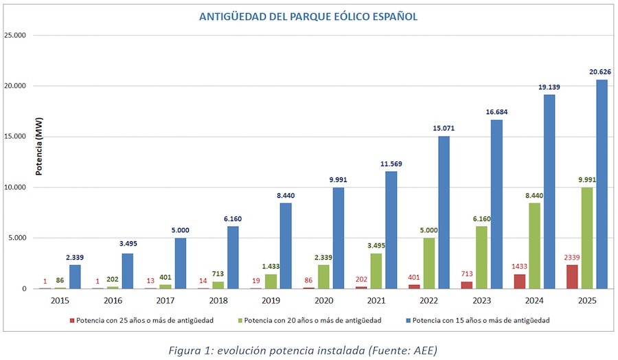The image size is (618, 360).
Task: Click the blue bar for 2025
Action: click(x=602, y=184)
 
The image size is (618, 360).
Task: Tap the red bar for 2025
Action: click(x=571, y=276)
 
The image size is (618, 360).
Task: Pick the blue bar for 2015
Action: click(x=74, y=276)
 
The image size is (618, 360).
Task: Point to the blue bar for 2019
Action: click(x=286, y=245)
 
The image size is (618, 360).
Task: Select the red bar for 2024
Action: click(x=518, y=281)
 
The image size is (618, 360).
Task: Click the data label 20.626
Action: click(x=600, y=71)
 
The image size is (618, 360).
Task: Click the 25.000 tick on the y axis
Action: click(x=21, y=35)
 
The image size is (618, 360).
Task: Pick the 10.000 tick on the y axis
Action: click(x=21, y=187)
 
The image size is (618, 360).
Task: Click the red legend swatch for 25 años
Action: click(x=71, y=320)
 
